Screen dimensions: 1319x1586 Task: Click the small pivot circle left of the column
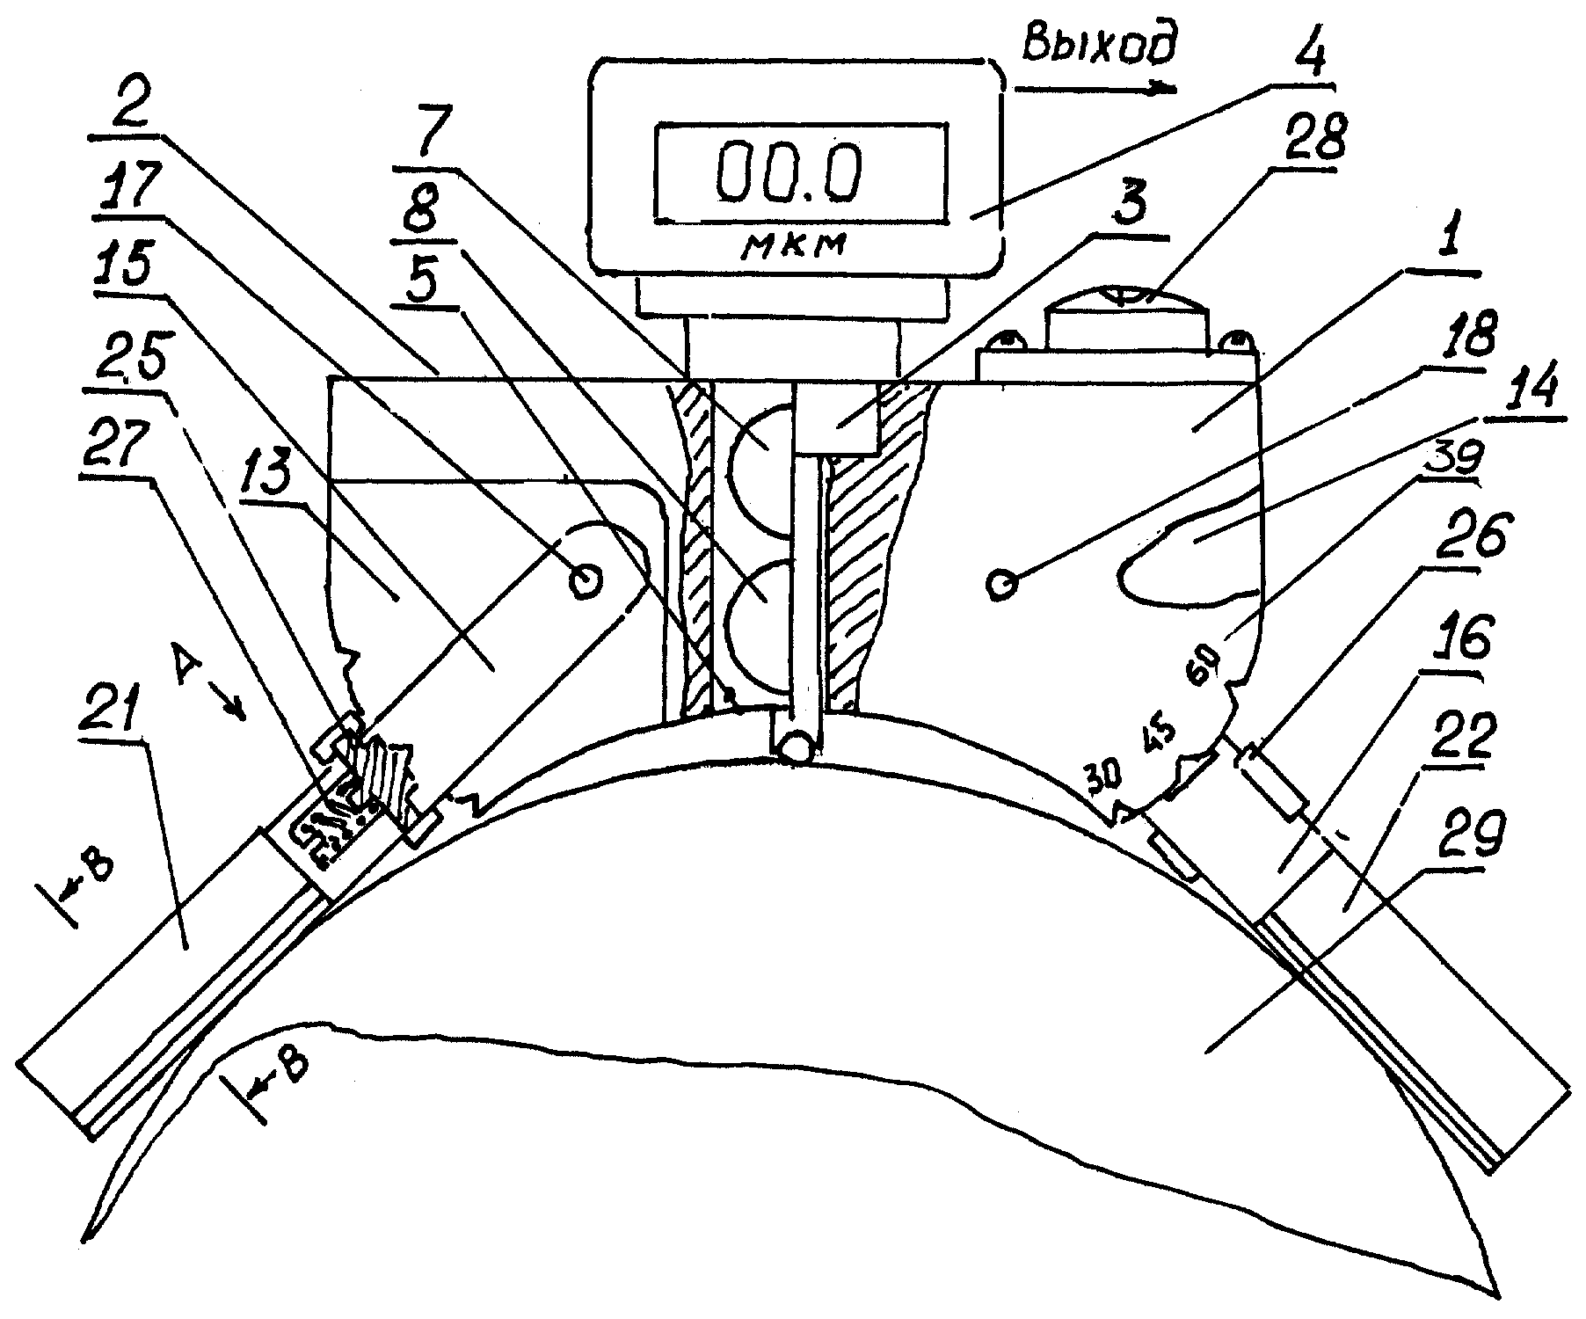coord(585,581)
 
